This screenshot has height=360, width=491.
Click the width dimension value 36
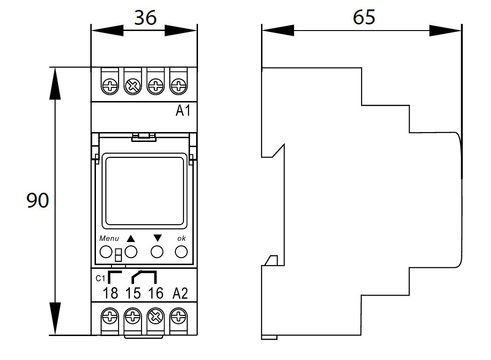tap(145, 17)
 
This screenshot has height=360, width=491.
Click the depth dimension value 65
tap(364, 17)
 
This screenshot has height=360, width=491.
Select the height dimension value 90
tap(38, 200)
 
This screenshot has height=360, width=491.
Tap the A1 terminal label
tap(183, 110)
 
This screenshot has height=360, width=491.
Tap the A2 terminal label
tap(180, 293)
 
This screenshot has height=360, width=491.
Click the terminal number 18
tap(111, 293)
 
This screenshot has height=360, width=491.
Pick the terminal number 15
tap(133, 293)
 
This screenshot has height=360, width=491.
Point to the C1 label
tap(100, 278)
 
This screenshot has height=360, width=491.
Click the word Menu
tap(109, 239)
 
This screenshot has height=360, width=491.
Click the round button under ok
tap(181, 252)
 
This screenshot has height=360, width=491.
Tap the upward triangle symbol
tap(131, 239)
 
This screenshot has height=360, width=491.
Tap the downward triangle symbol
tap(157, 238)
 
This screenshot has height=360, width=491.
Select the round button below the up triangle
tap(131, 252)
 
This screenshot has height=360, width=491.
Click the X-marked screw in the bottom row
tap(156, 317)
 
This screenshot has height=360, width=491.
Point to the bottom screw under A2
tap(179, 317)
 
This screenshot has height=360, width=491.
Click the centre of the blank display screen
tap(145, 191)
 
